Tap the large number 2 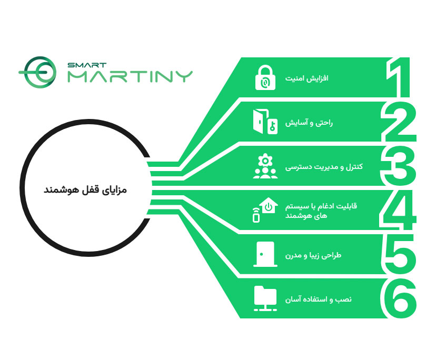tap(399, 122)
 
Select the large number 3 tap(398, 166)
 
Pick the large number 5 tap(399, 254)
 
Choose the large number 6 tap(398, 298)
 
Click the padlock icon tap(265, 77)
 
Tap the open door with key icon tap(265, 122)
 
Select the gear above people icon tap(265, 166)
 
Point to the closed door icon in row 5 tap(265, 254)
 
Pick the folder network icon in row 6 tap(265, 298)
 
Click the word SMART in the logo tap(87, 65)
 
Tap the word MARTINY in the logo tap(131, 76)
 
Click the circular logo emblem tap(37, 72)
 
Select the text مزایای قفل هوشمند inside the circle tap(85, 190)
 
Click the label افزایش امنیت tap(306, 78)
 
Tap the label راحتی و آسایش tap(309, 123)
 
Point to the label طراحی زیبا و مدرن tap(313, 255)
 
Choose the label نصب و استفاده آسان tap(319, 299)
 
